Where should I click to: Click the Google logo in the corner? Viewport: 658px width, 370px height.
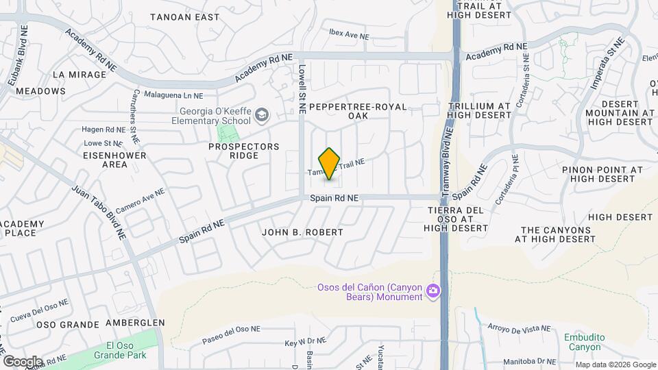click(23, 361)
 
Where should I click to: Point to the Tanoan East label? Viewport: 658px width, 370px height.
click(184, 16)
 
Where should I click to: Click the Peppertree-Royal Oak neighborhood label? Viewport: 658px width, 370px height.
click(358, 111)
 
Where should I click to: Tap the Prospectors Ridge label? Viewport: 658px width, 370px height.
click(245, 151)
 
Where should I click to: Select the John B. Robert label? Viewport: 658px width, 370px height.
click(302, 232)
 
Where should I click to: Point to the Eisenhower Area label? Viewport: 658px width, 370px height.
click(96, 160)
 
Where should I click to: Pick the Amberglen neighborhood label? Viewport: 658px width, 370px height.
click(135, 323)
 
